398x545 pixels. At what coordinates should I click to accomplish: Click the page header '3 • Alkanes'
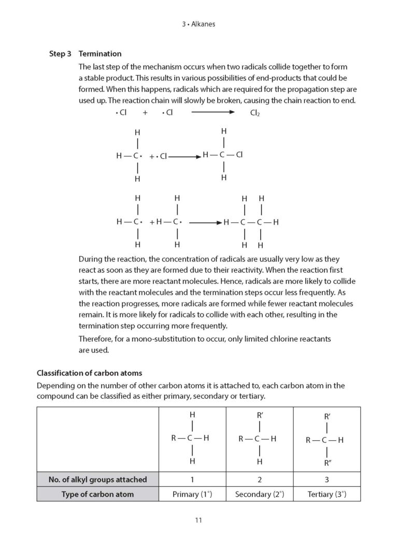199,23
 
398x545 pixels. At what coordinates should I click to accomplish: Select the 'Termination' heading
100,53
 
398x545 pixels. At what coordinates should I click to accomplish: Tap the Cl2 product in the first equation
255,113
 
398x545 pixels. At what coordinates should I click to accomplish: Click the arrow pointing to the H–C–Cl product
184,156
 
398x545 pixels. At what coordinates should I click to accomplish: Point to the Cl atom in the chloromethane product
239,155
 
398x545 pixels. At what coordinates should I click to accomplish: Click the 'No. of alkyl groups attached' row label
97,480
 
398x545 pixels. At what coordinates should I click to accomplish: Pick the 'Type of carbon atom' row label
97,494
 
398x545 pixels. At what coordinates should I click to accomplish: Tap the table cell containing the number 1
192,480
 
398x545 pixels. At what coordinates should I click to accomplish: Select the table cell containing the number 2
260,480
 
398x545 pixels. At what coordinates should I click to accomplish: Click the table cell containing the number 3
326,480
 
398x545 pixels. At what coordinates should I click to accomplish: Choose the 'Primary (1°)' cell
192,494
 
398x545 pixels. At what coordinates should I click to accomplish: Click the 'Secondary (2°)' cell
260,494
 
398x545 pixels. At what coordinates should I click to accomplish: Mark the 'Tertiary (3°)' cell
326,494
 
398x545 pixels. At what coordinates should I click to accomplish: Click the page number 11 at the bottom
198,521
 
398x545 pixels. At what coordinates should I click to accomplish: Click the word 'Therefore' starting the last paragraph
96,339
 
